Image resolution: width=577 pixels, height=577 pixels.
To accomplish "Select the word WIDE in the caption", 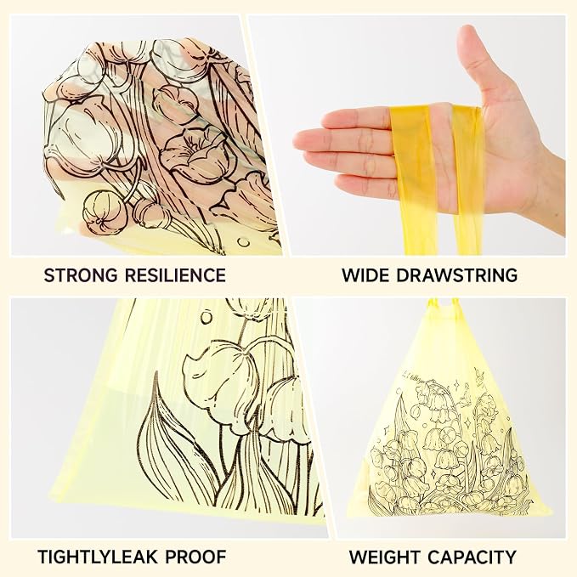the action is click(x=365, y=275).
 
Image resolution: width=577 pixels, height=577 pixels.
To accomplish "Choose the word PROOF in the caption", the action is click(x=195, y=557).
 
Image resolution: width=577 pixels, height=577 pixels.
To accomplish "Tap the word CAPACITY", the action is click(x=472, y=557).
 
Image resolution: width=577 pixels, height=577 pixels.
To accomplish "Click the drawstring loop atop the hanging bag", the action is click(x=444, y=305).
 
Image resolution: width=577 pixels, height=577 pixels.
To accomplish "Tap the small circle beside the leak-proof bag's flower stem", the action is click(x=206, y=317).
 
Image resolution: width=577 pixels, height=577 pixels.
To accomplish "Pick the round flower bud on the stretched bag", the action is click(x=105, y=212).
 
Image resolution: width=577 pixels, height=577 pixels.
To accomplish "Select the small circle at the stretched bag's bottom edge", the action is click(x=243, y=242).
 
